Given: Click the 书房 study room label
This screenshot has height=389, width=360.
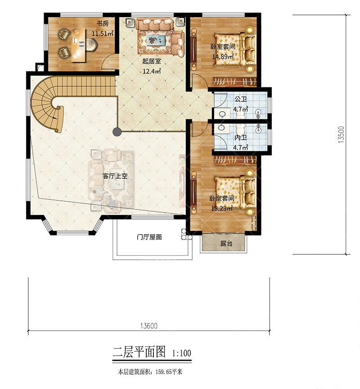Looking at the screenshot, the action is pos(103,24).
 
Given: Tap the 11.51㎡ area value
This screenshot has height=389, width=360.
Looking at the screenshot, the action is pos(103,33).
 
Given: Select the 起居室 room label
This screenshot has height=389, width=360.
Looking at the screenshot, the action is pos(152,61).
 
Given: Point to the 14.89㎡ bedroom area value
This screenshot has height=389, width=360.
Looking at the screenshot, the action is pos(223,57).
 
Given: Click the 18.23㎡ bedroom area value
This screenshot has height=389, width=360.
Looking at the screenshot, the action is pos(222,208).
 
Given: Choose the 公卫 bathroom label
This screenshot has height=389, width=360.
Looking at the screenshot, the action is pos(240,99).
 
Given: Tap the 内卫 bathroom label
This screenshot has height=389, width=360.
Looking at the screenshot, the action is pos(240,137).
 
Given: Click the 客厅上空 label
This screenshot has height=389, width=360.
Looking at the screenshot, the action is pos(115,176).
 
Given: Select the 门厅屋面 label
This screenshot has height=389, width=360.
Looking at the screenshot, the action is pos(149,237).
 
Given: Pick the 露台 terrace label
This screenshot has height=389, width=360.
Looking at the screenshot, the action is pos(226,244).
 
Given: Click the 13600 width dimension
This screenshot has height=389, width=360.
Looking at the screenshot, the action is pos(149,326).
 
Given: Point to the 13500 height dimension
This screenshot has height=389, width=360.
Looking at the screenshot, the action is pos(341,135).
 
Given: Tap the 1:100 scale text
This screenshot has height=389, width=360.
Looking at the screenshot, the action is pos(181,353).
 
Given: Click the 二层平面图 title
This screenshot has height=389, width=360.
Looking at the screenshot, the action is pos(139,352).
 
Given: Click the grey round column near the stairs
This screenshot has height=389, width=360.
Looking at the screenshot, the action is pos(117,132).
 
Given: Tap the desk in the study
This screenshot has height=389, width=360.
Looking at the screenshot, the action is pos(78,45).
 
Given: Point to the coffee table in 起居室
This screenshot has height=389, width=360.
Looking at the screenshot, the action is pos(154,40).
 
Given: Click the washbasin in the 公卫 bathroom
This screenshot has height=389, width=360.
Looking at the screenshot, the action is pos(222,114).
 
